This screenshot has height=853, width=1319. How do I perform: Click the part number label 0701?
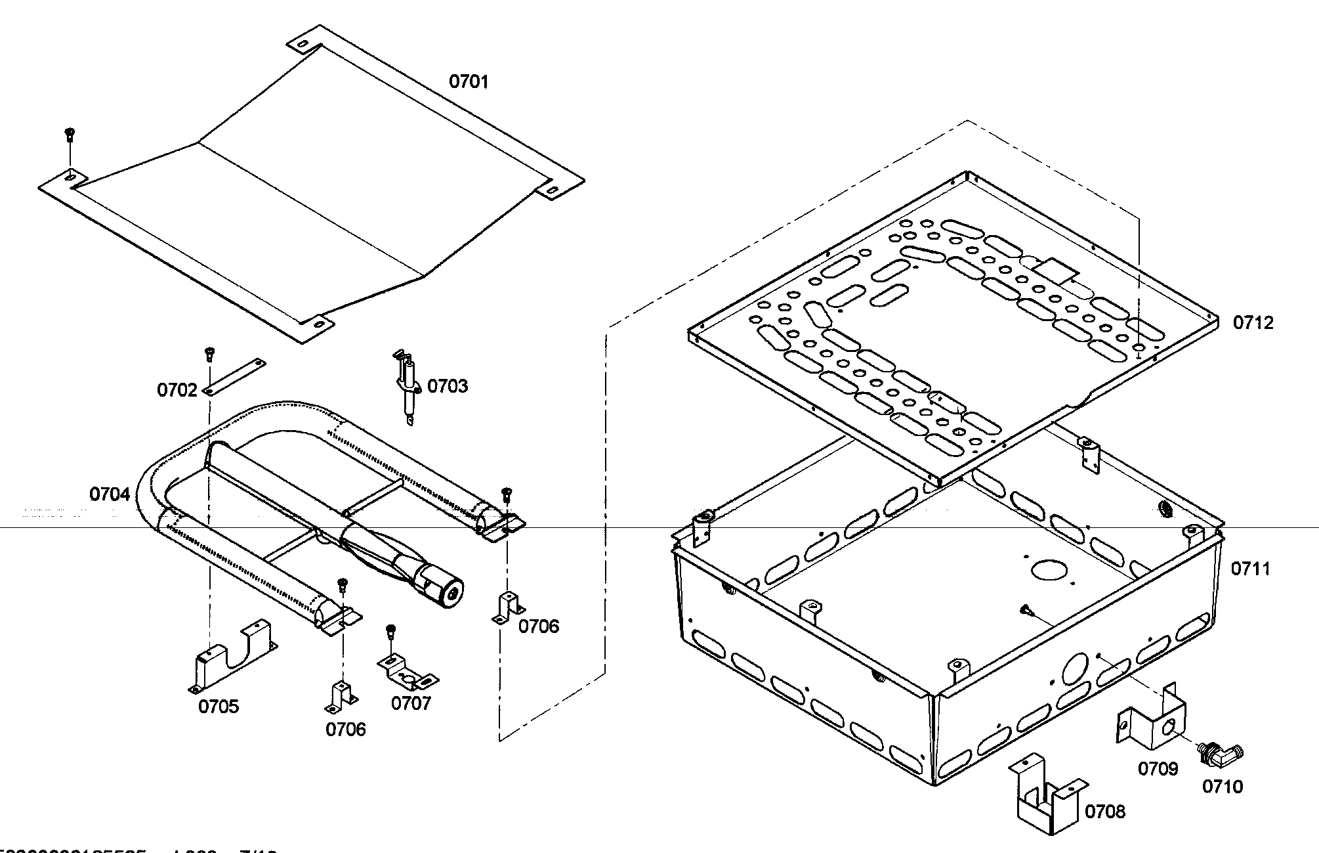469,82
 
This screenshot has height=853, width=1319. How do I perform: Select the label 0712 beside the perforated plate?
1253,323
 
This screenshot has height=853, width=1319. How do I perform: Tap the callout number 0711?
1250,569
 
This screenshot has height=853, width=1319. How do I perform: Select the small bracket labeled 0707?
407,672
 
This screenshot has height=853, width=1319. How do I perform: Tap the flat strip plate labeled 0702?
235,377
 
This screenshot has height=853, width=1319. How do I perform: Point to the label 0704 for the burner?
110,494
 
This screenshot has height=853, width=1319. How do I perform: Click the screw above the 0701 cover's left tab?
70,135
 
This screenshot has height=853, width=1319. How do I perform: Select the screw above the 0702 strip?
209,353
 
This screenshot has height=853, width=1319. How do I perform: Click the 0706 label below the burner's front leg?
345,730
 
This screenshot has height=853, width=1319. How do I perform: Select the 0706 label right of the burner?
539,626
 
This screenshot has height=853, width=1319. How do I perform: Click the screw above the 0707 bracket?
391,631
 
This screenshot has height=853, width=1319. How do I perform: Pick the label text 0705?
219,707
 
